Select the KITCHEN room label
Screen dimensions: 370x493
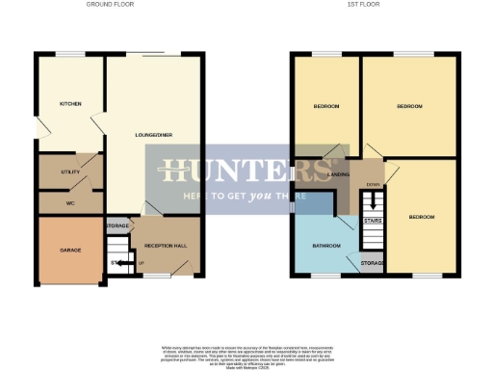(x=70, y=104)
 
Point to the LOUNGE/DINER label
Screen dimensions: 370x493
(x=154, y=136)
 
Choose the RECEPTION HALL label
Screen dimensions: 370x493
(x=166, y=246)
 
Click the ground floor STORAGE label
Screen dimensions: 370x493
(x=117, y=225)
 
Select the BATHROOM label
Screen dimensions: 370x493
(x=326, y=246)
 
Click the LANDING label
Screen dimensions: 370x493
(x=338, y=174)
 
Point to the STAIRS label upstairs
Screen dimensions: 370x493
(x=373, y=221)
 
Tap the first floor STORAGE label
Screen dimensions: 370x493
(x=373, y=262)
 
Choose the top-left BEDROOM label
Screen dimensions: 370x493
(x=326, y=105)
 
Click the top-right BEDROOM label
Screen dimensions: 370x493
(x=409, y=105)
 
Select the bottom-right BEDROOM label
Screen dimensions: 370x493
(x=421, y=217)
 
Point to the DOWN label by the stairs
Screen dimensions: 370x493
(x=373, y=184)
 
